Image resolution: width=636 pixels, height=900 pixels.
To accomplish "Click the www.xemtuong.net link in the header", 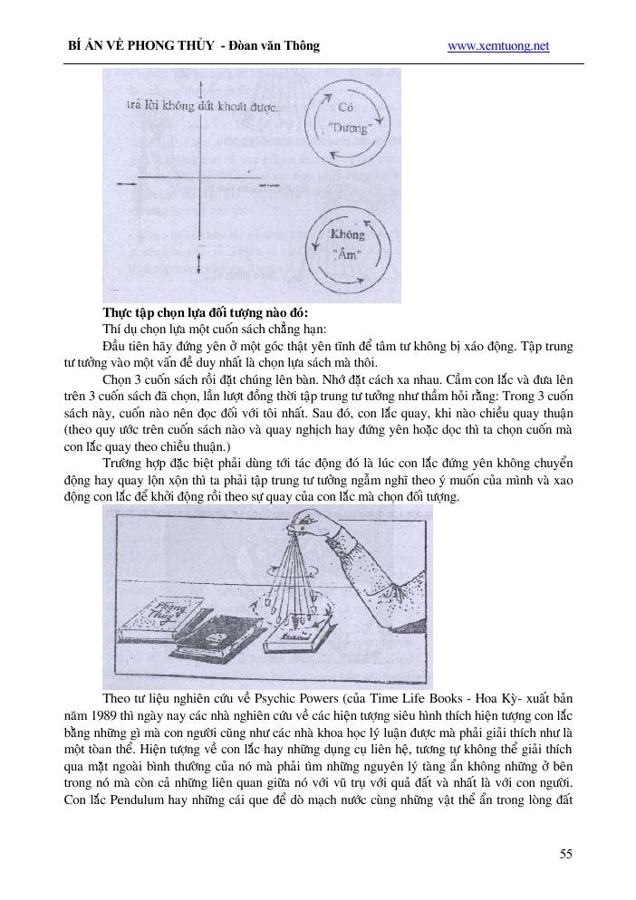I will [x=498, y=46].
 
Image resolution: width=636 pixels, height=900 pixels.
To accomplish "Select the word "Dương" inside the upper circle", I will [x=348, y=129].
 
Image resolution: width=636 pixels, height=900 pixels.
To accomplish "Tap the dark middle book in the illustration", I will [x=224, y=639].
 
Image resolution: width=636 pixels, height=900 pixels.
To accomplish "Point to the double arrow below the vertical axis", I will [x=198, y=264].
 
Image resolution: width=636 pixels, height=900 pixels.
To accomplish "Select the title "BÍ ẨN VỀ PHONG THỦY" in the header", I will [x=140, y=46].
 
